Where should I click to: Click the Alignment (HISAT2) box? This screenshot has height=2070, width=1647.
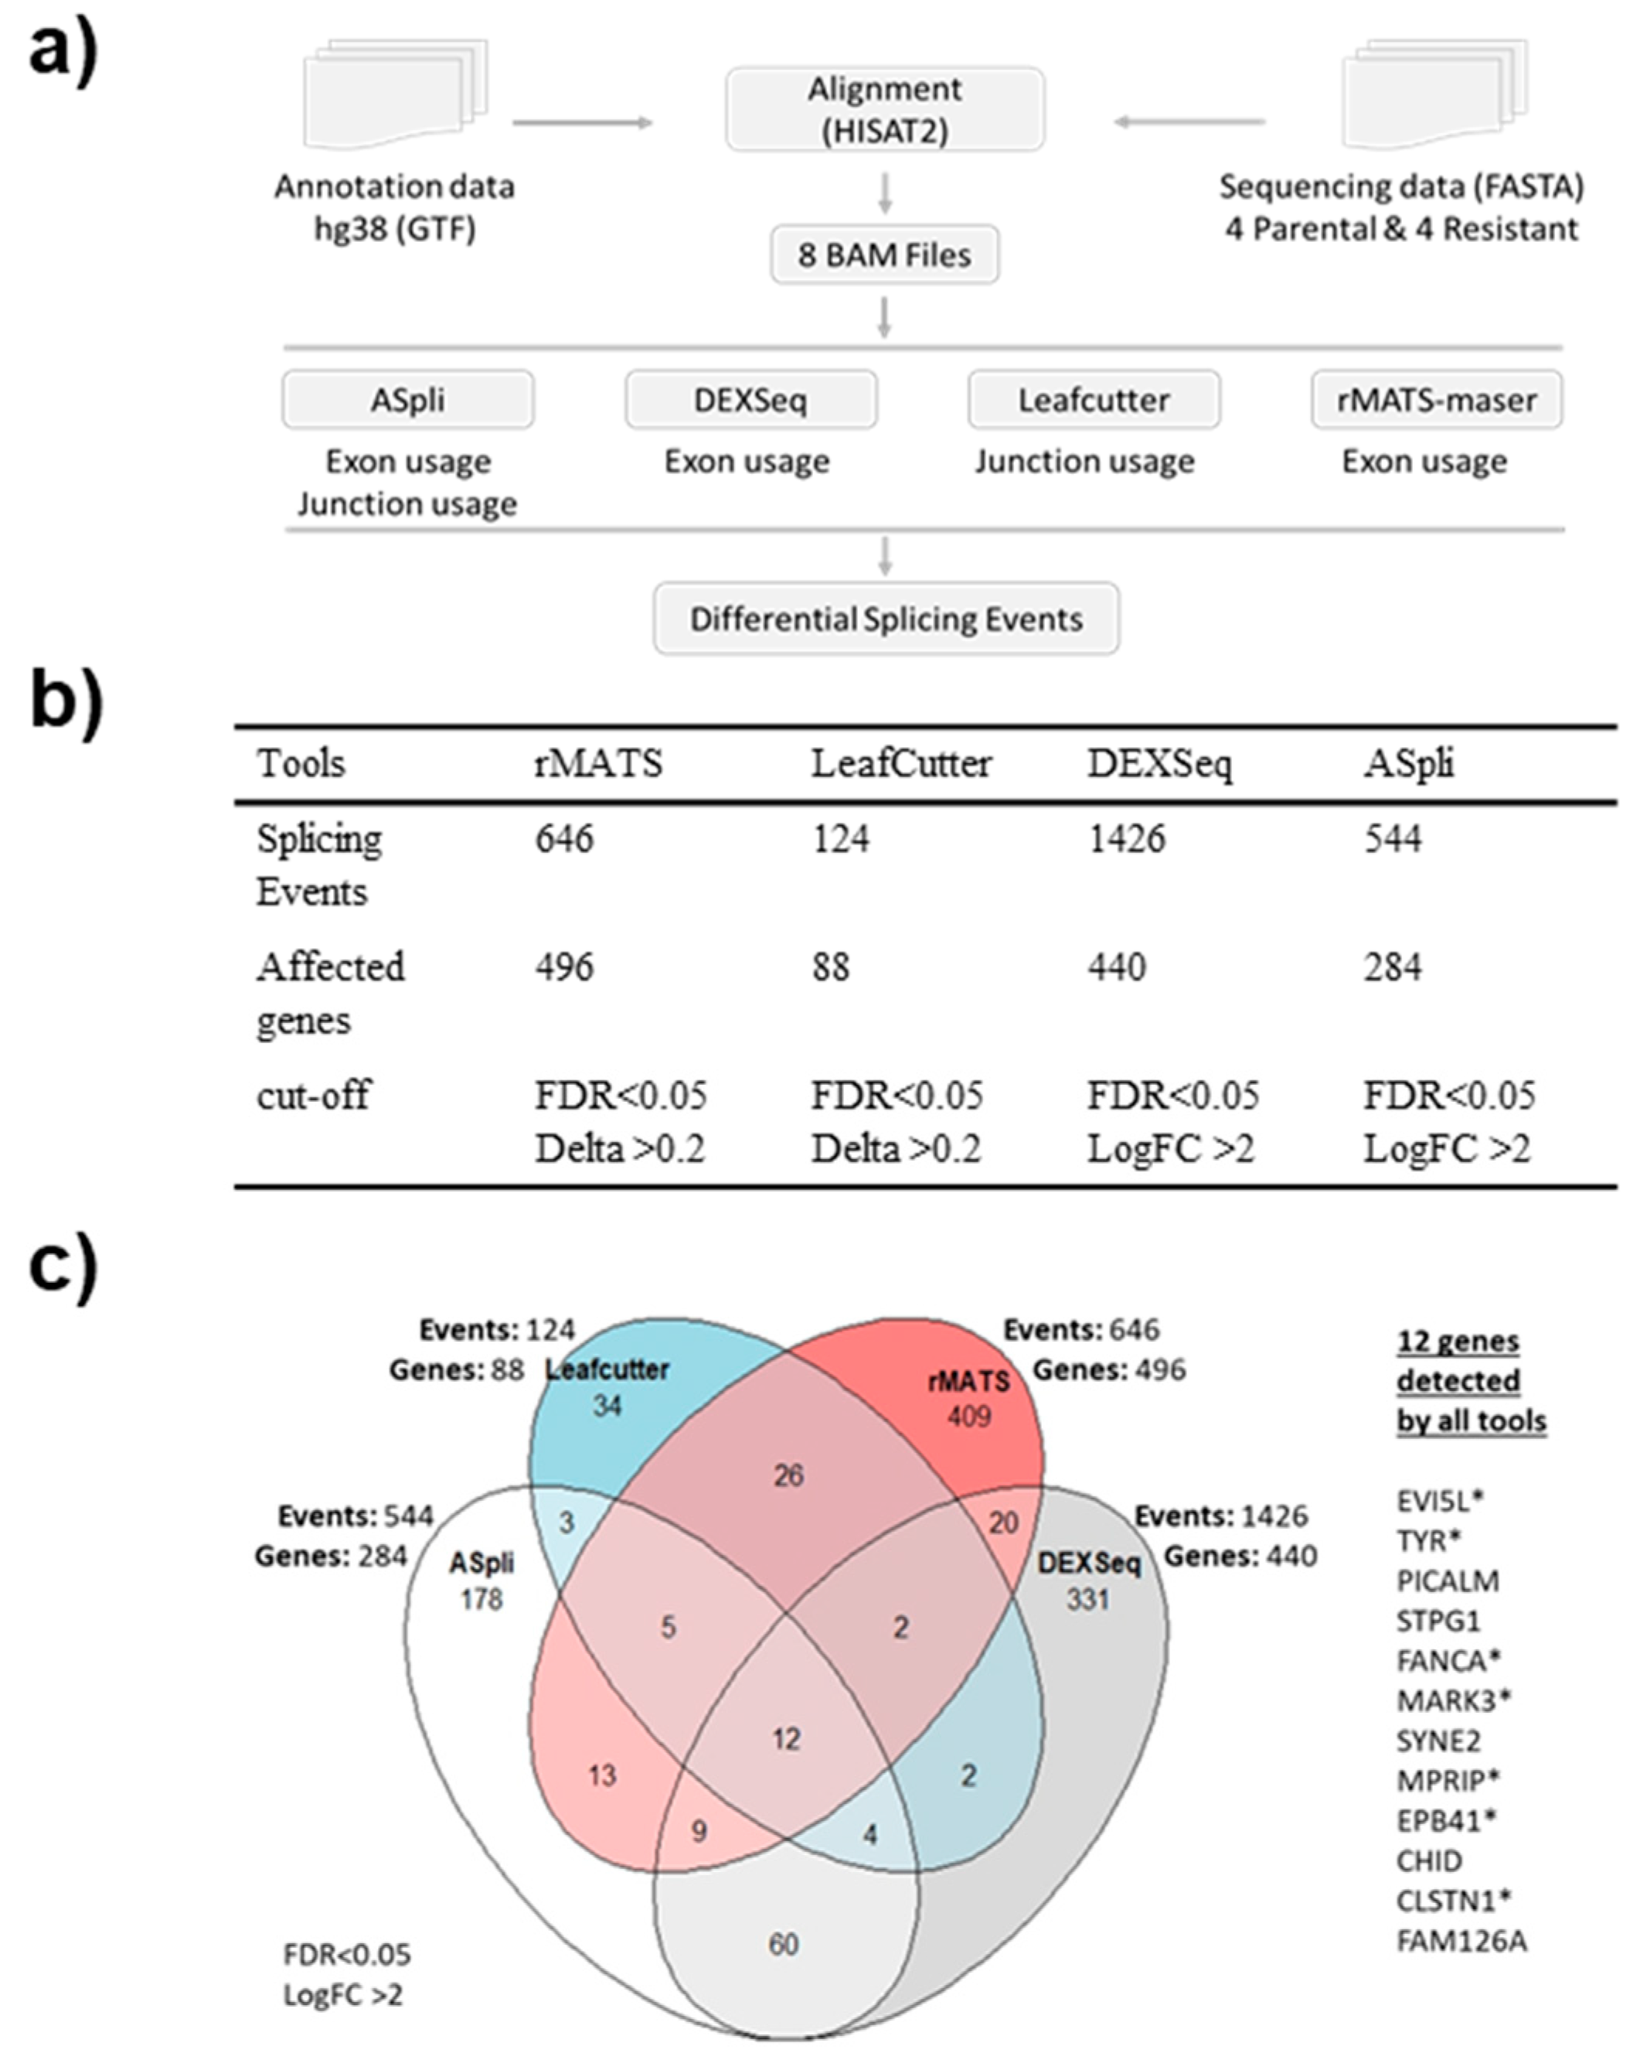(884, 108)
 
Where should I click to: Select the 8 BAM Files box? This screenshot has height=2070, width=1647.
(884, 254)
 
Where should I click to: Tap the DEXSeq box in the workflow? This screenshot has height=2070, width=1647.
(750, 400)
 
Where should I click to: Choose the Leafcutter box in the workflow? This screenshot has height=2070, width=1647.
(1093, 400)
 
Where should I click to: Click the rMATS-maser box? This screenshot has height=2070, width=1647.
(1436, 400)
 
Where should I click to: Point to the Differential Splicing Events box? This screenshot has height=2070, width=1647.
(886, 619)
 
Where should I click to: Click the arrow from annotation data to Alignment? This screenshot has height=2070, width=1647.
(582, 123)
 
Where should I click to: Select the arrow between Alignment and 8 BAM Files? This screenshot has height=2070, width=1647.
(885, 193)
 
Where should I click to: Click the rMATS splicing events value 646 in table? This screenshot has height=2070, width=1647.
(564, 839)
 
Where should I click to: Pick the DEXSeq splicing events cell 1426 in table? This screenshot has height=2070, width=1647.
(1127, 839)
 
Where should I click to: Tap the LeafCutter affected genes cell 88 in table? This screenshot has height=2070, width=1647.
(830, 967)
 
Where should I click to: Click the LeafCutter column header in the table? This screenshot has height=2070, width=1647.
(901, 764)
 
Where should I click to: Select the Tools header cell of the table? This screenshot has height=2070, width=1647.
(301, 764)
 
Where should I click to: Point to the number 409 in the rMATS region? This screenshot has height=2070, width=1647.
(968, 1416)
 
